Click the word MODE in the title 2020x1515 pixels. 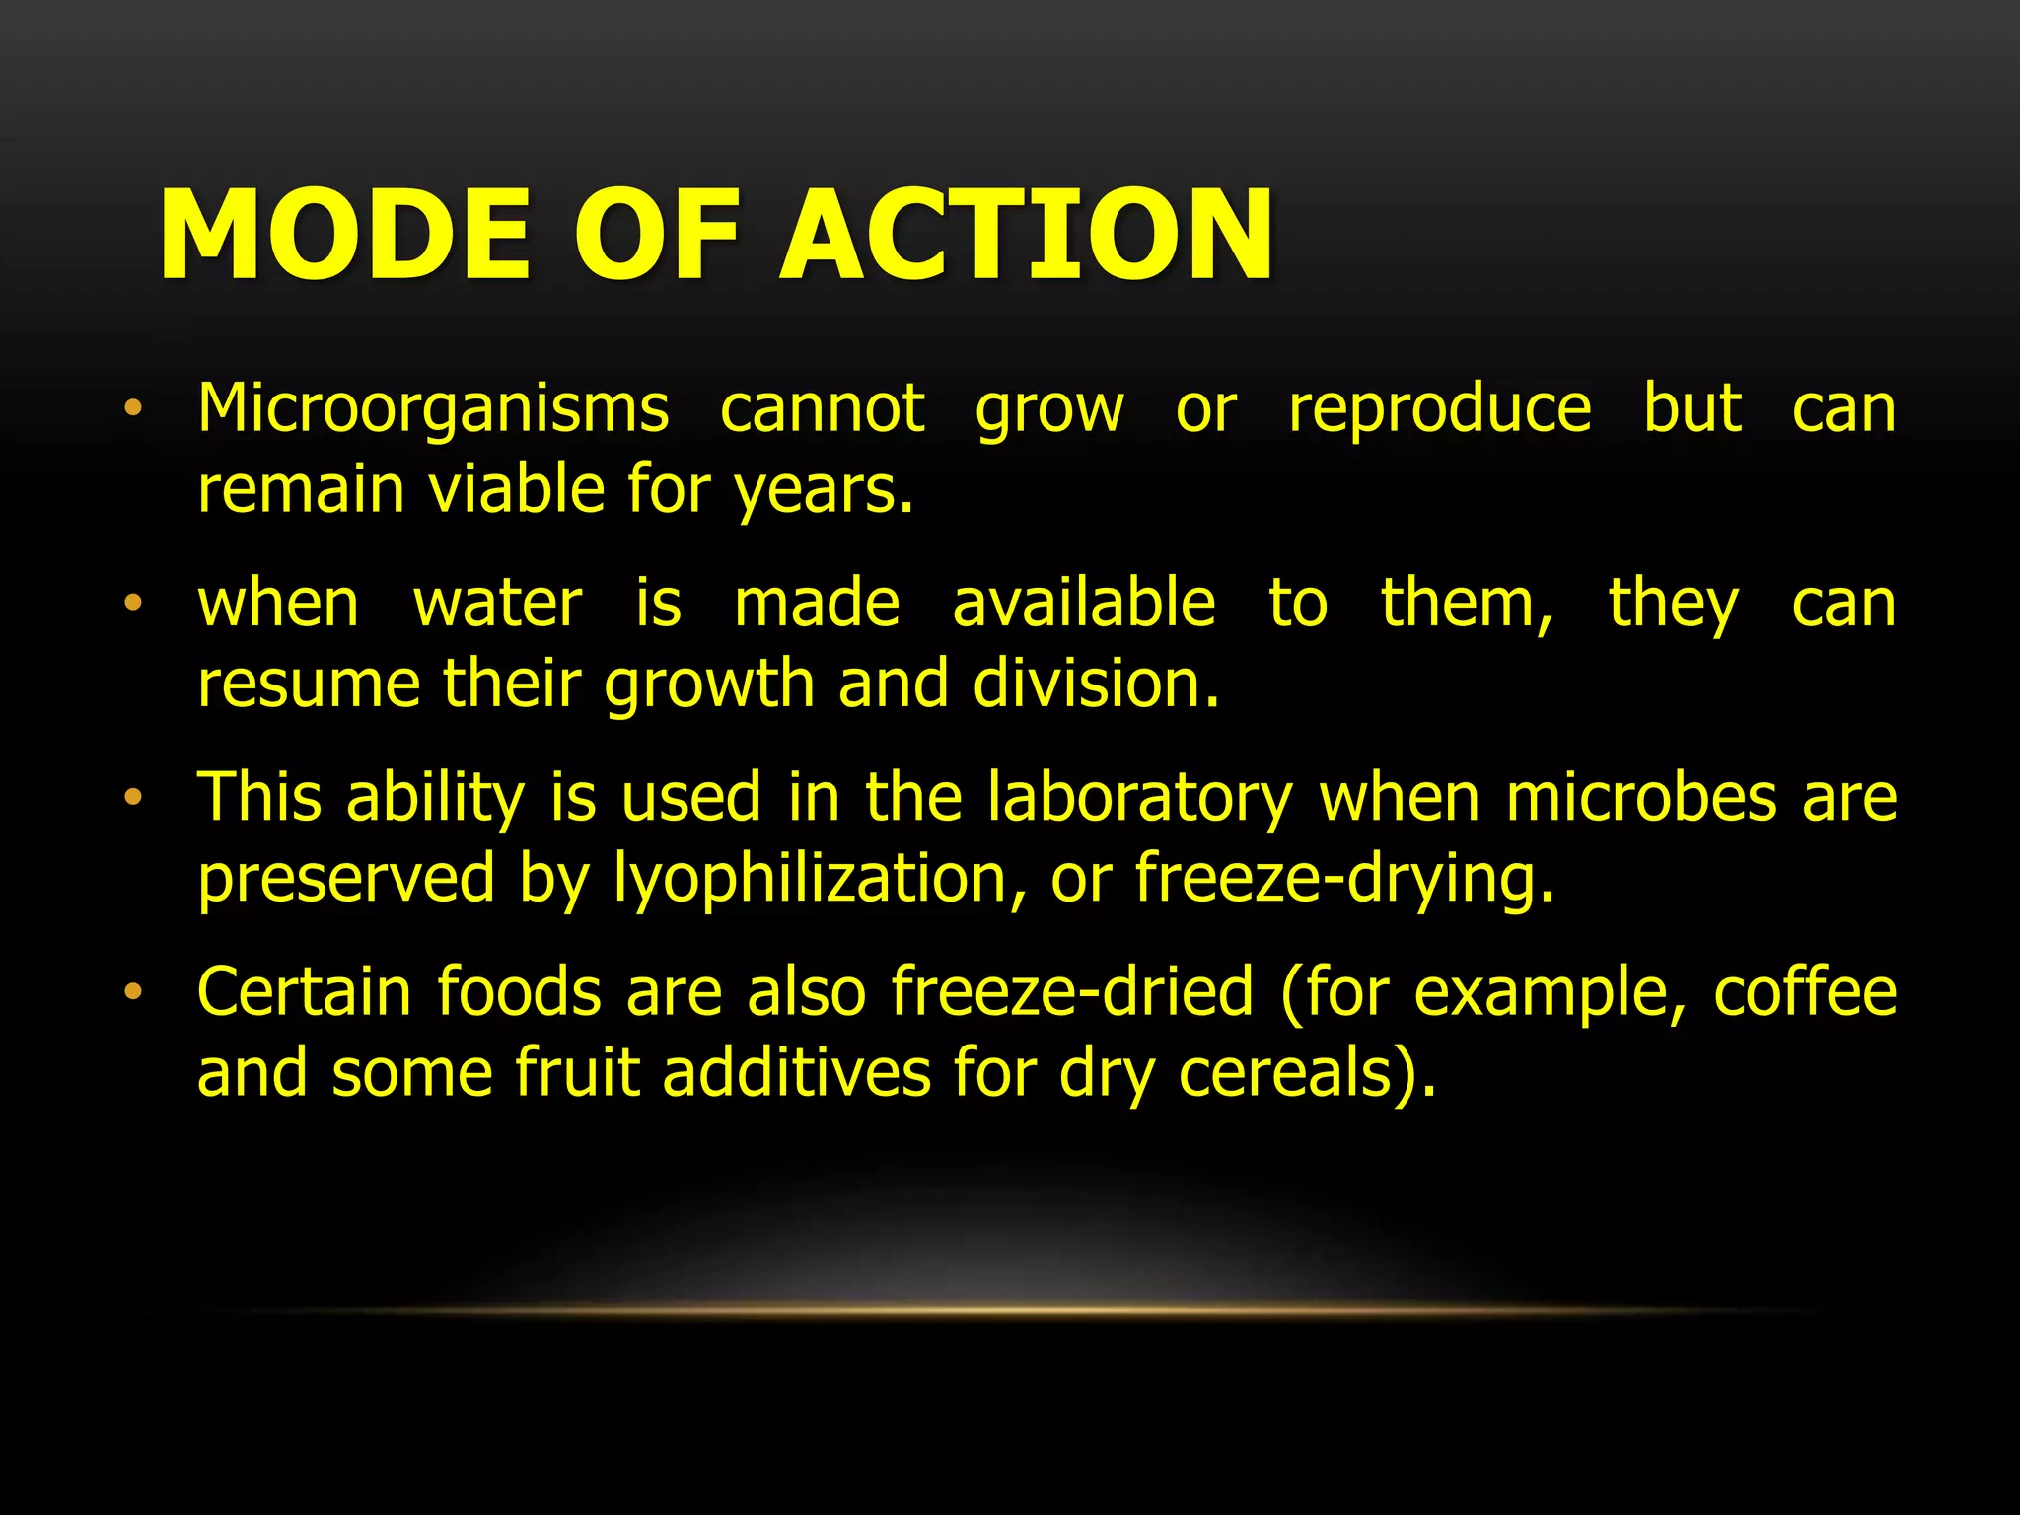pyautogui.click(x=345, y=236)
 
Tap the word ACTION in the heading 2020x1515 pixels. pyautogui.click(x=1026, y=236)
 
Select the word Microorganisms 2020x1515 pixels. pyautogui.click(x=433, y=410)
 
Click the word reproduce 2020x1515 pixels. pyautogui.click(x=1440, y=410)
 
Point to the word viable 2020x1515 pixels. pyautogui.click(x=516, y=489)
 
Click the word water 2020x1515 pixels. pyautogui.click(x=498, y=605)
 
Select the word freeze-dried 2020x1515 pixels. pyautogui.click(x=1072, y=992)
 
